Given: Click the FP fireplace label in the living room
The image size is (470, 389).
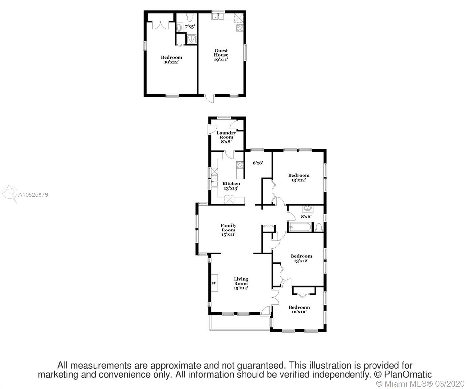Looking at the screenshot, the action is click(x=214, y=283).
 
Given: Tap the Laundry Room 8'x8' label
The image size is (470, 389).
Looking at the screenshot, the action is click(x=226, y=137).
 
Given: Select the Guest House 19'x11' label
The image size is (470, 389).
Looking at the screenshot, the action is click(x=221, y=55).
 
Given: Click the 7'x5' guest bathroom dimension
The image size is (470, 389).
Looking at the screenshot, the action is click(x=190, y=27).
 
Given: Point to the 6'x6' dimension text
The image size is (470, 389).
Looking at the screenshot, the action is click(x=258, y=163).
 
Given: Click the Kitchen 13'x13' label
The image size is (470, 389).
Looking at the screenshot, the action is click(x=231, y=186).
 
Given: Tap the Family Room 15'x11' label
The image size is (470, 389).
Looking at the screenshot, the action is click(x=228, y=230).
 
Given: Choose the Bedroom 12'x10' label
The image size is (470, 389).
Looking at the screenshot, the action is click(x=299, y=310).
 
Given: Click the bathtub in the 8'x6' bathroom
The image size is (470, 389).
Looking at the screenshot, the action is click(x=300, y=227).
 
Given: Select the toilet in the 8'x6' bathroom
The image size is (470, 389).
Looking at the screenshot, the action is click(x=319, y=228).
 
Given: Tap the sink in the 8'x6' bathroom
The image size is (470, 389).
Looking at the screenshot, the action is click(x=307, y=208).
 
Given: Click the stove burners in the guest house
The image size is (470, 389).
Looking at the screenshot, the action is click(x=240, y=28).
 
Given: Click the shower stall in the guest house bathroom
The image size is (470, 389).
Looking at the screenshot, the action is click(x=191, y=39).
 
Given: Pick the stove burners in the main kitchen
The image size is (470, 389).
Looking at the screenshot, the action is click(x=240, y=165).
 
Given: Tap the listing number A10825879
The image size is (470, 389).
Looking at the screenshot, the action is click(x=33, y=194).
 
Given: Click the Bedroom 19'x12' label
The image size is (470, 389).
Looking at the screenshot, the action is click(x=171, y=59).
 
